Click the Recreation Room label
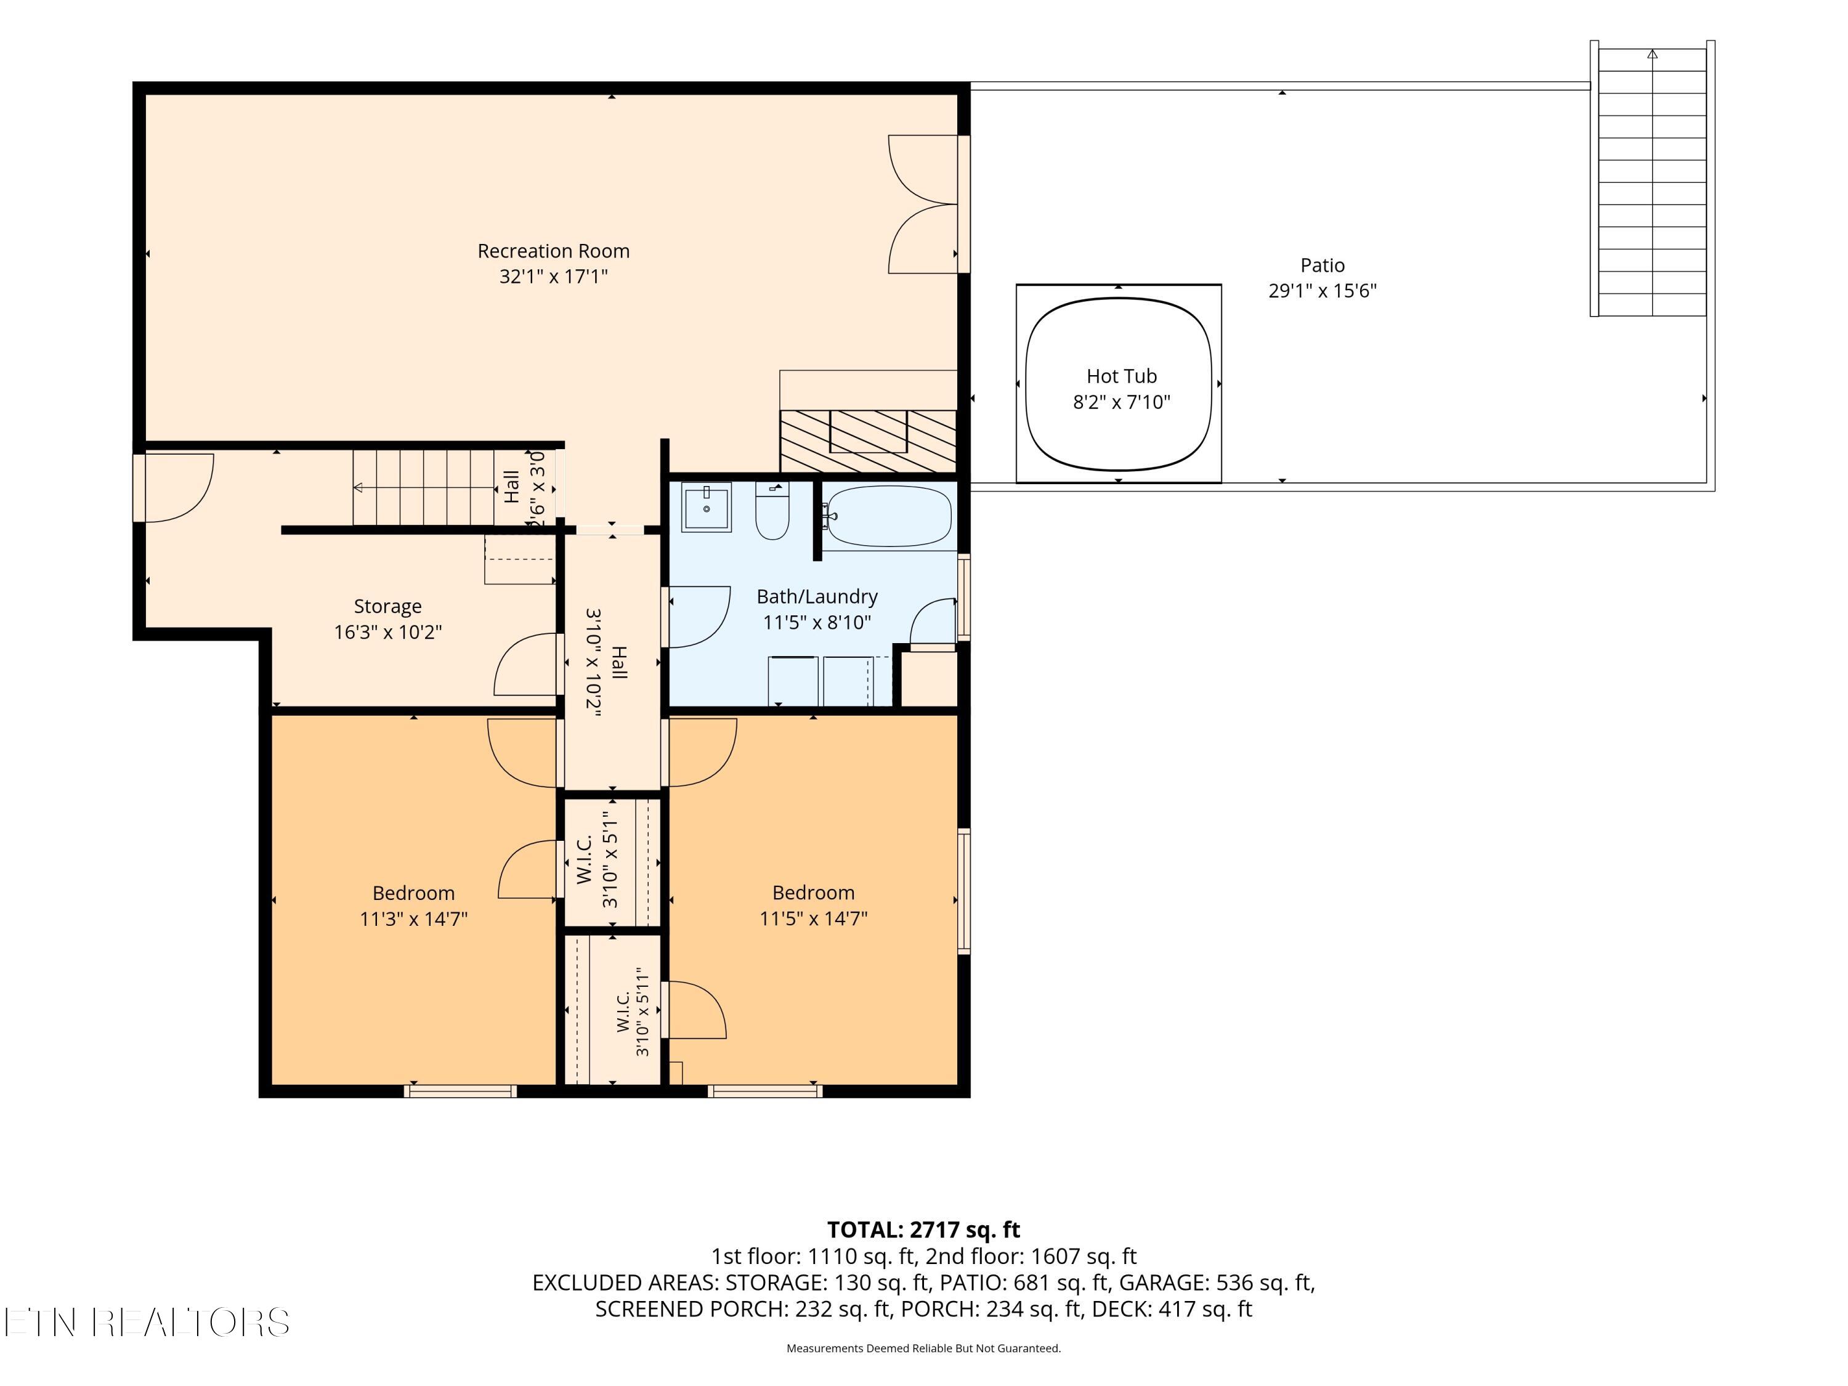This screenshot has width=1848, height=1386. [553, 251]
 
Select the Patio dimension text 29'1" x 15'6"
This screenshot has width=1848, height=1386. [1323, 291]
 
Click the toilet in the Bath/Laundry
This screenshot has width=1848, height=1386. [772, 511]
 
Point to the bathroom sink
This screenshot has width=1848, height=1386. [707, 507]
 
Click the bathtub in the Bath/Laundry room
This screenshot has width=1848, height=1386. [889, 516]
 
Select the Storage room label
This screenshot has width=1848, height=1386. [387, 607]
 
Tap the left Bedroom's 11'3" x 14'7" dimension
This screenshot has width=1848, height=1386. [413, 919]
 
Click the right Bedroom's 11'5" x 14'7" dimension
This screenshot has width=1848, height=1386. [813, 918]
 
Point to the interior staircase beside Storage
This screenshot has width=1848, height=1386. [424, 487]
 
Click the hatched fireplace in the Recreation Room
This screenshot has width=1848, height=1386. [868, 440]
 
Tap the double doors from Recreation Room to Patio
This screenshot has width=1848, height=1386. [923, 204]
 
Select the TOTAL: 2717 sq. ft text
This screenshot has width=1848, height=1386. [923, 1230]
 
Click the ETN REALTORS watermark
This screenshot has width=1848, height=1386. [147, 1323]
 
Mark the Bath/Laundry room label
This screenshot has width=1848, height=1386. [817, 596]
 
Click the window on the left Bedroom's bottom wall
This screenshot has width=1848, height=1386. [460, 1090]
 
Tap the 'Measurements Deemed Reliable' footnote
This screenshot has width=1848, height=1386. [923, 1348]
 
